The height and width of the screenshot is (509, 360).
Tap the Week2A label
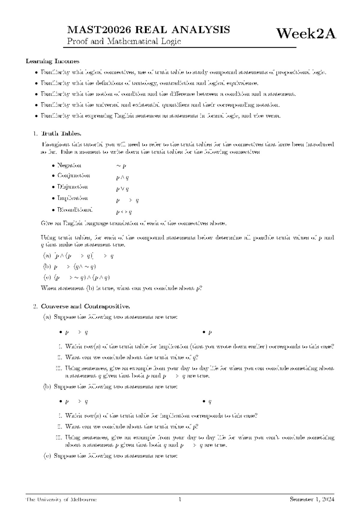click(306, 34)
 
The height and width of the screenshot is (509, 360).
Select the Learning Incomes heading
click(52, 61)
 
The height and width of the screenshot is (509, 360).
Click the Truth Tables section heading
click(61, 134)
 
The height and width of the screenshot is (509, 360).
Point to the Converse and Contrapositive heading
click(85, 306)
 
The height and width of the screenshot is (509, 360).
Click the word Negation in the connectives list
click(69, 165)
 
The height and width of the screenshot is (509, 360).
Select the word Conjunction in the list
click(73, 176)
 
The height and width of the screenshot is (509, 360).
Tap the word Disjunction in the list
click(72, 187)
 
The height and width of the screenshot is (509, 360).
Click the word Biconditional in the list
click(75, 209)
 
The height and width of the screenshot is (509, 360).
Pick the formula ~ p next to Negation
click(121, 166)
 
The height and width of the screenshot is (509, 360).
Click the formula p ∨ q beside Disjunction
click(122, 189)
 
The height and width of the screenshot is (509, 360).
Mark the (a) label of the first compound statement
click(47, 256)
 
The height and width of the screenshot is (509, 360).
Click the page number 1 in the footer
click(180, 500)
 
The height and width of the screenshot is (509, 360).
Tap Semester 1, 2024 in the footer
click(312, 500)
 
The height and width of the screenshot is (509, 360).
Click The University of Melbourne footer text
click(61, 500)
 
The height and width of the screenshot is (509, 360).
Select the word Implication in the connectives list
click(72, 198)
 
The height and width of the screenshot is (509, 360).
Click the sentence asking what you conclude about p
click(121, 288)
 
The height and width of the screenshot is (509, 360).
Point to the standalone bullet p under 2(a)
click(210, 333)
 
